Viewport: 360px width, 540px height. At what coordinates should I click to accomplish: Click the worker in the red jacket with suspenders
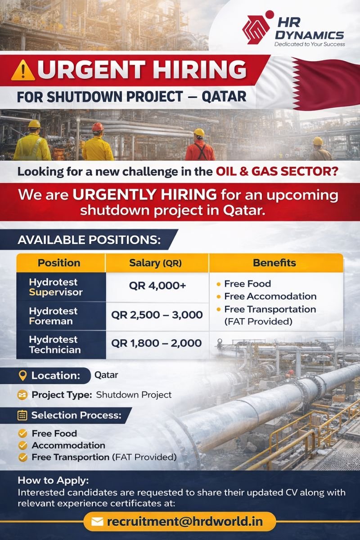[199, 146]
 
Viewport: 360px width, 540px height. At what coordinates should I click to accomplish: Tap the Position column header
[59, 263]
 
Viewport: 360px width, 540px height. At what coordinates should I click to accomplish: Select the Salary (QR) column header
[156, 263]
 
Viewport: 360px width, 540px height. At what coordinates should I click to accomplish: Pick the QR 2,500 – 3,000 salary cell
[157, 315]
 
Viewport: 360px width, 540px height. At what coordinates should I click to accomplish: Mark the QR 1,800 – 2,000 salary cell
[157, 343]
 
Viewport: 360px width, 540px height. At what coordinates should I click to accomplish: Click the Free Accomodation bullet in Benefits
[270, 296]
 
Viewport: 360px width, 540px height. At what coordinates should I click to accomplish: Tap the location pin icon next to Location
[23, 375]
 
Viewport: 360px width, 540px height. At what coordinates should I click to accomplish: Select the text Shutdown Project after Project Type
[134, 395]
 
